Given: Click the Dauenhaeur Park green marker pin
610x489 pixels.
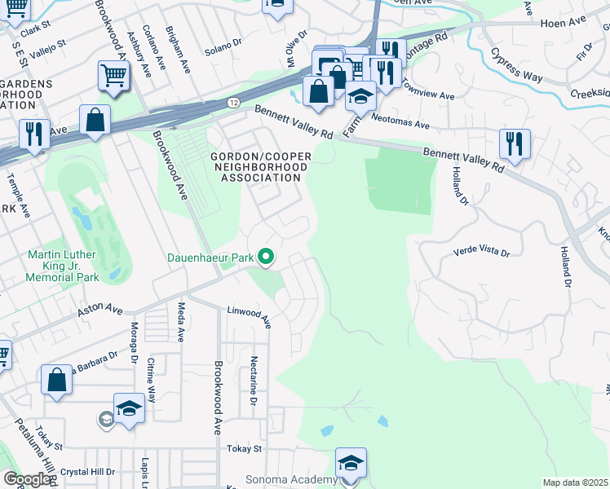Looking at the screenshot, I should coord(266,258).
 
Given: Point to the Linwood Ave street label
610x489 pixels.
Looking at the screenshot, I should coord(249,314).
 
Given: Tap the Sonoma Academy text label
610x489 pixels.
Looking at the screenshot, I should coord(291,480).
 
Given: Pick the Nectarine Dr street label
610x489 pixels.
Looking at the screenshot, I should coord(254,381).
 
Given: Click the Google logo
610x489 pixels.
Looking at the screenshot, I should coord(27,479).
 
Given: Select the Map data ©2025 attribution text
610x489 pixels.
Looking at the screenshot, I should coord(575,482).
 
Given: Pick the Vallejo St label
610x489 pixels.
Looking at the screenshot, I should coord(49,42).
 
